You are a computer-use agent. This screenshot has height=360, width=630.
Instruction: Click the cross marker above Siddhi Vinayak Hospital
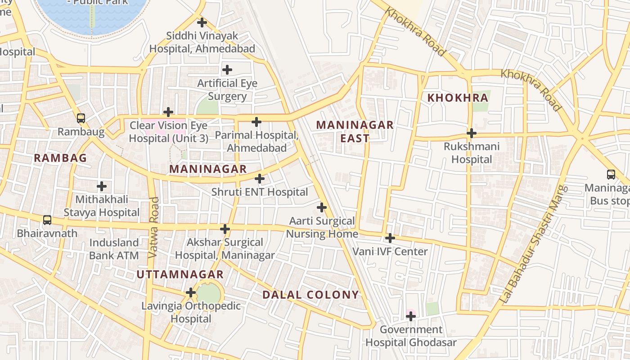pos(202,22)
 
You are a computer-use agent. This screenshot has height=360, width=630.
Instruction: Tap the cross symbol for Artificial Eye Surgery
pos(227,70)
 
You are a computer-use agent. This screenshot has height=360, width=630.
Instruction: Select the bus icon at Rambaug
pos(81,118)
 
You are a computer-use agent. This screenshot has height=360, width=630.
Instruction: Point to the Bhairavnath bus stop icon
pos(47,220)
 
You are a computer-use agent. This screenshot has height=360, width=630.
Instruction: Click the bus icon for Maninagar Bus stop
pos(611,175)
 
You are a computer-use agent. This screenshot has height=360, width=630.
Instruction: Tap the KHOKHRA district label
pos(458,98)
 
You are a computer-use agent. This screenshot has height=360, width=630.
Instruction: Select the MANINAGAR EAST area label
pos(355,131)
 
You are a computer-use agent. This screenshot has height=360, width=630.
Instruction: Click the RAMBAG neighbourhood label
pos(60,158)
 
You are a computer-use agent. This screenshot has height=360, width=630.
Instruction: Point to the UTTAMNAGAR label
pos(180,274)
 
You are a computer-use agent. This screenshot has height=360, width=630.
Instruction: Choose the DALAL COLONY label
pos(310,295)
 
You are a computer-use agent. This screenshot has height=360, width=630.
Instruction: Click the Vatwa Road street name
pos(153,228)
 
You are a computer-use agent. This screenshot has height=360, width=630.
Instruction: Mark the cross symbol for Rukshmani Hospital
pos(471,133)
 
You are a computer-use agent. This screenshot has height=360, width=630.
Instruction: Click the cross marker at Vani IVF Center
pos(390,238)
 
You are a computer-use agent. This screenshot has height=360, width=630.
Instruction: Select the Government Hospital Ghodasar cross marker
pos(410,316)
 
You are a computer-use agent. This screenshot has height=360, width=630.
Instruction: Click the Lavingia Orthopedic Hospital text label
pos(191,312)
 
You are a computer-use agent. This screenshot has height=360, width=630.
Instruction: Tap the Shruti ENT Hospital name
pos(260,192)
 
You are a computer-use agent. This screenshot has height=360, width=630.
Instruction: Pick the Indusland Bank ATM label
pos(114,249)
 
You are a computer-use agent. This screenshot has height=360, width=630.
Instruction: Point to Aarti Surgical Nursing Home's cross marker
pos(321,207)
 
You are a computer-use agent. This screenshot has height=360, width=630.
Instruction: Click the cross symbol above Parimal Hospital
pos(256,122)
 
